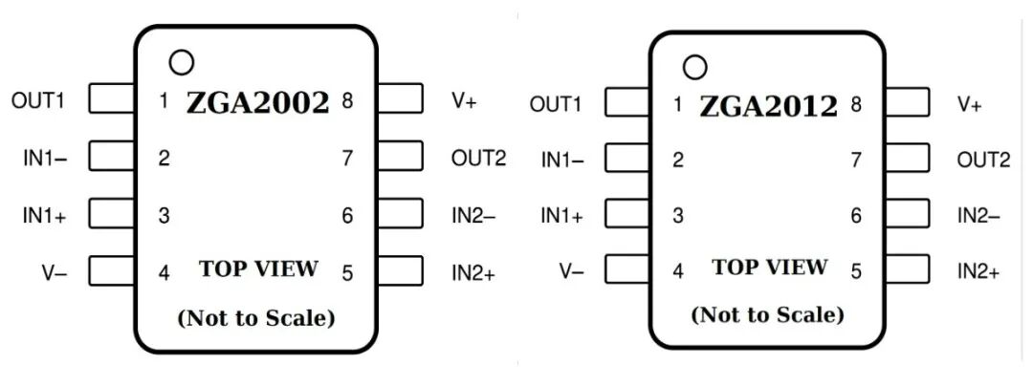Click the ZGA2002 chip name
(257, 102)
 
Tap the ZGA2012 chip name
(768, 106)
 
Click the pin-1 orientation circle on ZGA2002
(180, 63)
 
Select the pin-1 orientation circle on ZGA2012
(695, 68)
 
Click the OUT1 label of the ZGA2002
(38, 99)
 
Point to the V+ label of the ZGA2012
(969, 104)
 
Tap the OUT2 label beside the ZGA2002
(478, 158)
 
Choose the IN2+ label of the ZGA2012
(978, 272)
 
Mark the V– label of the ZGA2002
(54, 272)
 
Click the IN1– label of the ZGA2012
(562, 161)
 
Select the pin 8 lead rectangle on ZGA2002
(401, 99)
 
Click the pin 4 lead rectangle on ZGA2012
(626, 270)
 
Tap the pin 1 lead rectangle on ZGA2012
(626, 103)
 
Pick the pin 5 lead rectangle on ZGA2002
(401, 271)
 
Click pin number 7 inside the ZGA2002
(347, 159)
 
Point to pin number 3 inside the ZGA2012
(678, 216)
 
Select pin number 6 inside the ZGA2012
(856, 217)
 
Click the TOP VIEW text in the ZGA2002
(258, 268)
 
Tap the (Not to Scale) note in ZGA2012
(768, 314)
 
